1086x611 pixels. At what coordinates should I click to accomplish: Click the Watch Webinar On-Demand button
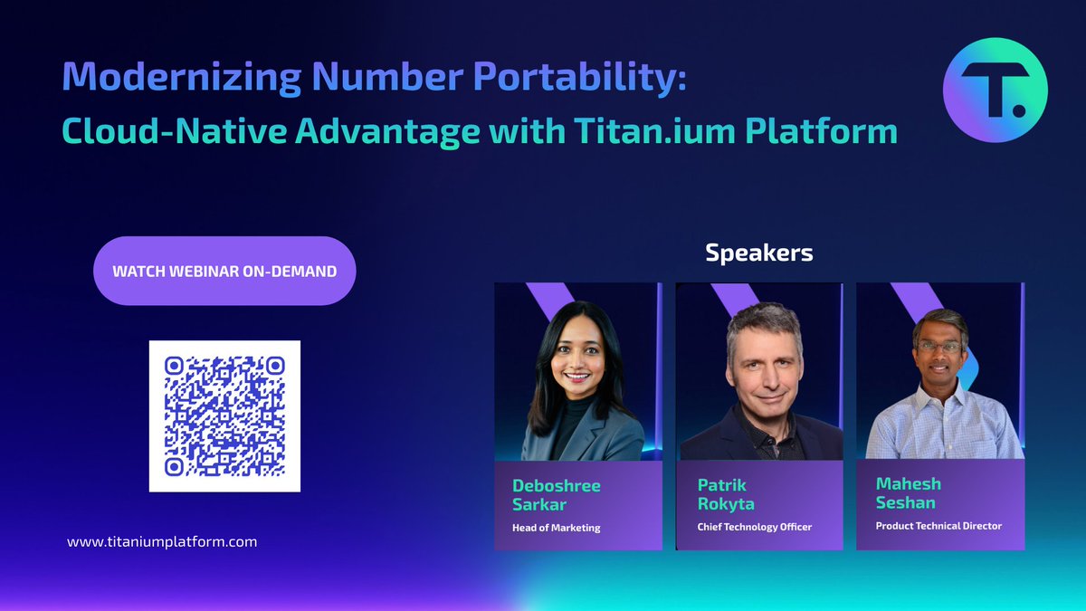[224, 271]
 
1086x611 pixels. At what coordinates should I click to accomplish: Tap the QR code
[224, 416]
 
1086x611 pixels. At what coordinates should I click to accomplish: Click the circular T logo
[995, 90]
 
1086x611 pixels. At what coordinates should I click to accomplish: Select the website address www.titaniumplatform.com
[162, 541]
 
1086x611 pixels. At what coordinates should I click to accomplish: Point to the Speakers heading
[758, 253]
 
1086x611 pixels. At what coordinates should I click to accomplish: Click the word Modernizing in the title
[181, 78]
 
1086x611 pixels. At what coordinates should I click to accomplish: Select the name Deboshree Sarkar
[557, 494]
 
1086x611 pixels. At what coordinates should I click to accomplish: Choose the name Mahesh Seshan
[906, 493]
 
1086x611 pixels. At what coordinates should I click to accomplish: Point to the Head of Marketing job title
[557, 528]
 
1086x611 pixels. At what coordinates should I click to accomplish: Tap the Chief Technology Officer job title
[754, 527]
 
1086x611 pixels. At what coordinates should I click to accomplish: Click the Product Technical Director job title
[938, 526]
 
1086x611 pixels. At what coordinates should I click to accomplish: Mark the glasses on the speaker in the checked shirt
[938, 347]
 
